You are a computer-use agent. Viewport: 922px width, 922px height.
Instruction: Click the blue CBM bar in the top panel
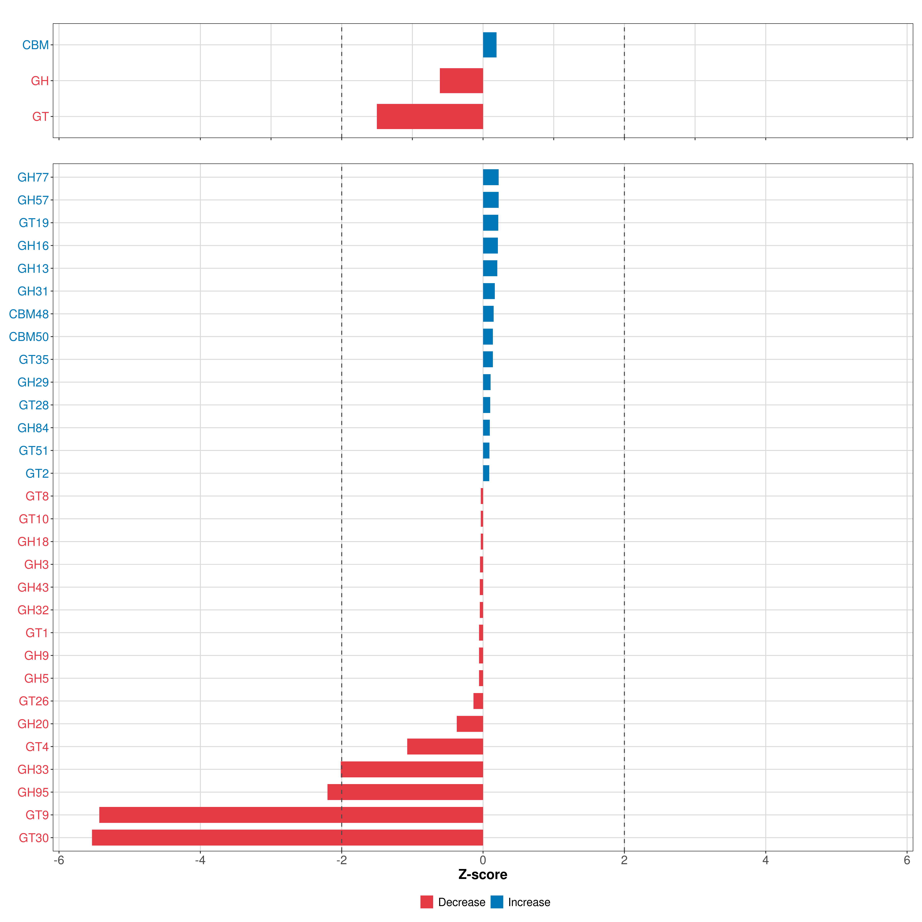[x=490, y=45]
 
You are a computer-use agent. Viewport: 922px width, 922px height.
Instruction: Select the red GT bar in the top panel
[x=430, y=116]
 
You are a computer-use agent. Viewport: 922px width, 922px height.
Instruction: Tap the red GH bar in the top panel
[x=461, y=81]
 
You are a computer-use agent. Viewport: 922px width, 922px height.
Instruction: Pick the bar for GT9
[x=291, y=815]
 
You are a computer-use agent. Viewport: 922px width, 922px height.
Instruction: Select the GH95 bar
[x=405, y=792]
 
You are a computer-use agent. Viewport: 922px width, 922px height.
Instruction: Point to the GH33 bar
[x=412, y=769]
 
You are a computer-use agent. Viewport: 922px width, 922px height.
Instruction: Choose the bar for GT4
[x=445, y=746]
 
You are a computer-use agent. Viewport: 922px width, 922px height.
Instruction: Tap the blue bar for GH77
[x=491, y=177]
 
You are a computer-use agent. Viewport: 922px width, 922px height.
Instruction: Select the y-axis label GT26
[x=34, y=701]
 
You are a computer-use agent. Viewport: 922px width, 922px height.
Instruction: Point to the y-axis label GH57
[x=33, y=200]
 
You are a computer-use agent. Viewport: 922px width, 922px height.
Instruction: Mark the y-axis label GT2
[x=37, y=473]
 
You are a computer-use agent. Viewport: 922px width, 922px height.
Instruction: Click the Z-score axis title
[x=483, y=874]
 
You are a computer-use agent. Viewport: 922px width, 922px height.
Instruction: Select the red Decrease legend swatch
[x=427, y=902]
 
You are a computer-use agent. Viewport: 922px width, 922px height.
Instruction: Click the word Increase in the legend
[x=529, y=902]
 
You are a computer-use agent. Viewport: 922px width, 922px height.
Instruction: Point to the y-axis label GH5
[x=37, y=678]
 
